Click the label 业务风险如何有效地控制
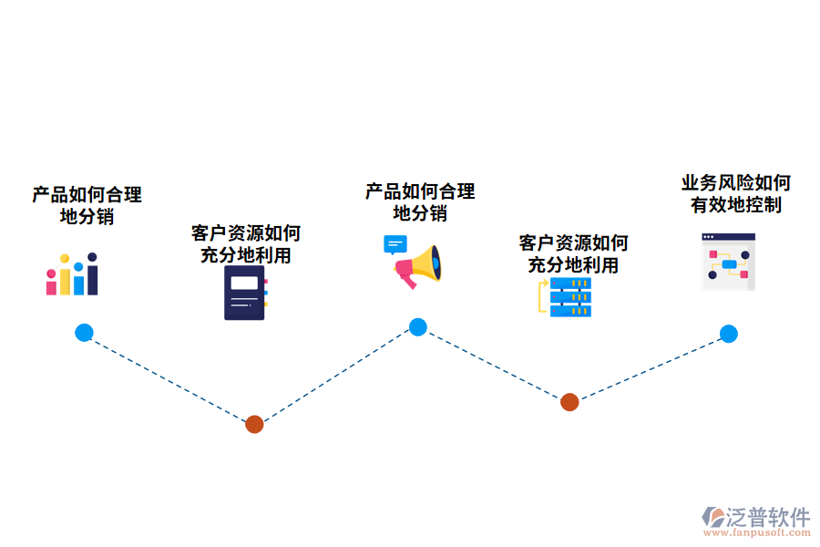point(735,193)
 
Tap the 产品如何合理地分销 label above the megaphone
point(420,202)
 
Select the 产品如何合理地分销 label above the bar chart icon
point(87,205)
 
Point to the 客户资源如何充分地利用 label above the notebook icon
point(245,243)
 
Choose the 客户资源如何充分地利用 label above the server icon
point(573,253)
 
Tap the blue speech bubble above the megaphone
point(395,244)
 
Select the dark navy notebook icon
point(245,292)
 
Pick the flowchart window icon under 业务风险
point(728,262)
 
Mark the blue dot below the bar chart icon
point(84,333)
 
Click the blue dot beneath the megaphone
point(417,327)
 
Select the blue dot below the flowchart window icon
point(728,334)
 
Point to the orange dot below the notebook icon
point(254,424)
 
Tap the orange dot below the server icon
point(569,402)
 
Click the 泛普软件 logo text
point(767,517)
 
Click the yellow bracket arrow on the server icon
point(543,296)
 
